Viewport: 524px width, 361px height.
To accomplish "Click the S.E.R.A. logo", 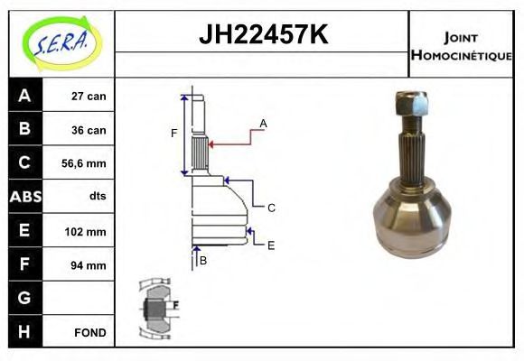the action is click(x=62, y=43).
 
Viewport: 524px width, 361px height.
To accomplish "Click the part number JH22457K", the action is click(x=263, y=34).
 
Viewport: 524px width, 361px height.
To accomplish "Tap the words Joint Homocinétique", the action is click(x=461, y=46).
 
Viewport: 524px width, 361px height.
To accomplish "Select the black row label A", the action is click(x=25, y=96).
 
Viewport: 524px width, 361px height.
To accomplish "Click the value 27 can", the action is click(x=89, y=97).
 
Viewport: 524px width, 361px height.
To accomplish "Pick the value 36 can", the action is click(x=89, y=130).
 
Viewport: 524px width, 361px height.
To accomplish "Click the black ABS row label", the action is click(x=25, y=197).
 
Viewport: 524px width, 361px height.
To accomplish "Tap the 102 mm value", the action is click(x=85, y=231).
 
